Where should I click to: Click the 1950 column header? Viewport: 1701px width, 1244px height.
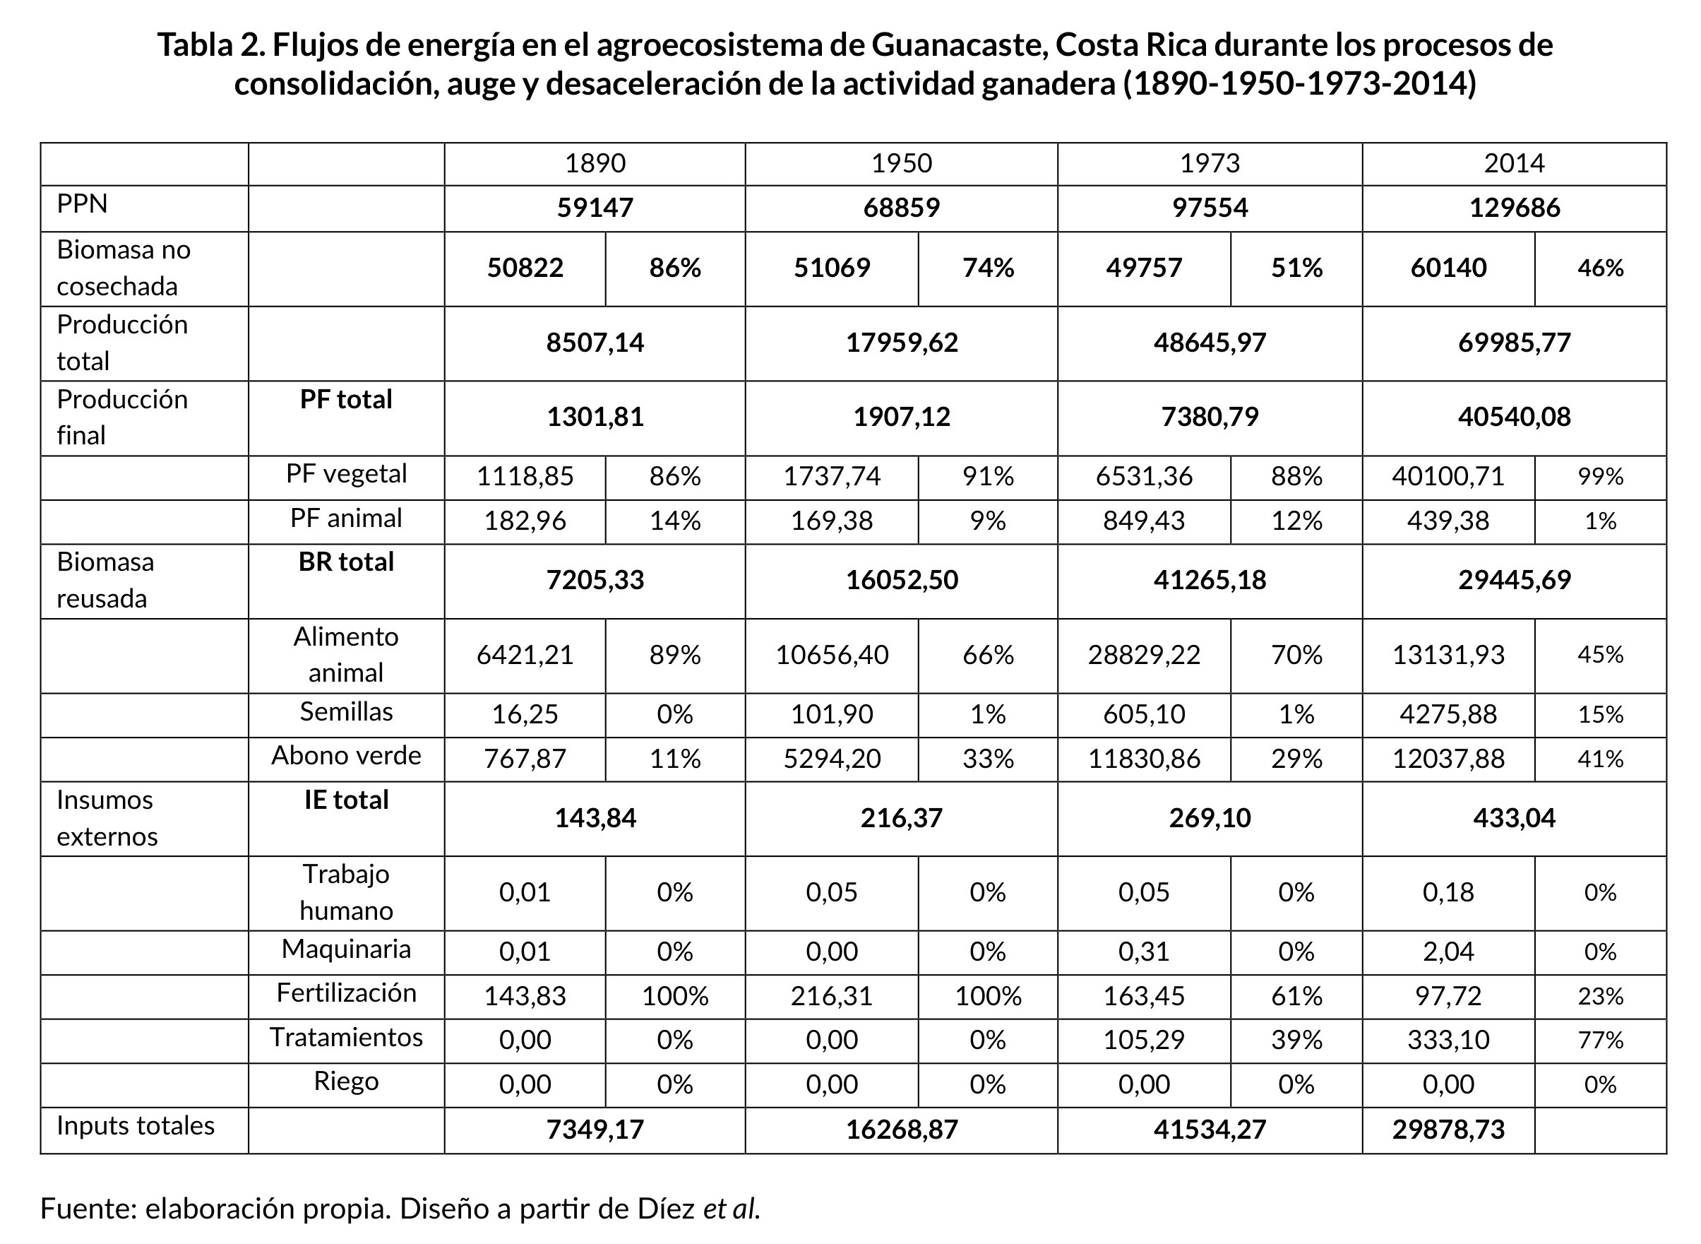click(901, 163)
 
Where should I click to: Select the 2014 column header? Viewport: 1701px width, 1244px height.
click(1514, 163)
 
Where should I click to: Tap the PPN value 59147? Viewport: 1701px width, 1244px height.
click(595, 208)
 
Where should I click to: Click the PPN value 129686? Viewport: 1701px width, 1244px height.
click(1514, 208)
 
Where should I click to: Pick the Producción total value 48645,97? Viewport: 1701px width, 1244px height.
click(1210, 343)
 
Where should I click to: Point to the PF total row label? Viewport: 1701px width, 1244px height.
click(345, 399)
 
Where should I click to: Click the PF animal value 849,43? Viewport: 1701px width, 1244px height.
click(1143, 521)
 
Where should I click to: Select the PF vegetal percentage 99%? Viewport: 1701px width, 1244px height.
click(1600, 476)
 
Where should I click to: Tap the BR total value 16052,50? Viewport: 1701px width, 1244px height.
click(901, 580)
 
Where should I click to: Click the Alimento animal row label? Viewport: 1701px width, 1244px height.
click(345, 654)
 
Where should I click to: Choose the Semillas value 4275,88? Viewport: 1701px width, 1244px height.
click(1448, 714)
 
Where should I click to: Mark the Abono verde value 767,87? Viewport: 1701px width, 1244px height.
click(525, 757)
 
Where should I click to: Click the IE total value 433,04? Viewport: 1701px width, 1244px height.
click(1514, 818)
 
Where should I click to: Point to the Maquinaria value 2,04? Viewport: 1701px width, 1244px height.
click(1448, 952)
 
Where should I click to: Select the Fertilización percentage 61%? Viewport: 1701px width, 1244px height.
click(1296, 996)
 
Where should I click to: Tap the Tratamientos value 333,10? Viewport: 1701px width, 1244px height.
click(1448, 1040)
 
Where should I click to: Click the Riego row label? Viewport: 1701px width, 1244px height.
click(345, 1082)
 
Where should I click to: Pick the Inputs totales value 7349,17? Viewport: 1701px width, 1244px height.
click(595, 1130)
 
